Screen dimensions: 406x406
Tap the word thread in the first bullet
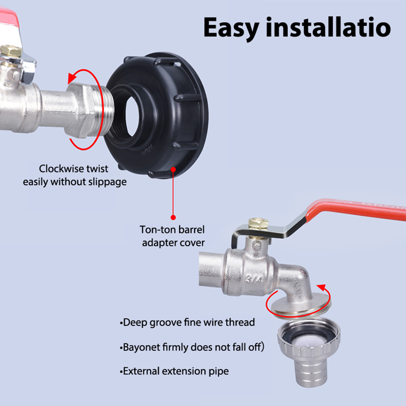click(240, 323)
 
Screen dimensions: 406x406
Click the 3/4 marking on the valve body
click(254, 279)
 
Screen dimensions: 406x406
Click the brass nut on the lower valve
click(258, 223)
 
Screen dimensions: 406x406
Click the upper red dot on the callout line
click(173, 169)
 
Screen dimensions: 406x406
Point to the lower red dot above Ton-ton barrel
click(173, 217)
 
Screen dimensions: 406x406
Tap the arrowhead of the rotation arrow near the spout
click(322, 287)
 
